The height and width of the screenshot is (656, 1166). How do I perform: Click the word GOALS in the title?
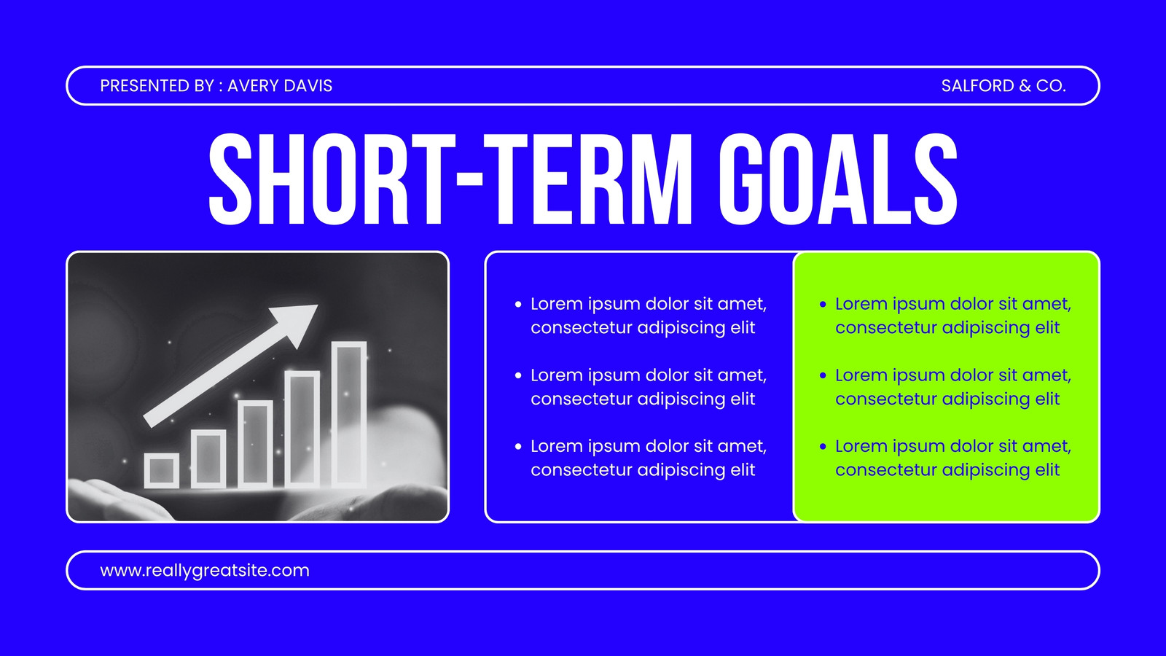click(838, 179)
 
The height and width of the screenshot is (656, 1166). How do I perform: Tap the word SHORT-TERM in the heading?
click(451, 179)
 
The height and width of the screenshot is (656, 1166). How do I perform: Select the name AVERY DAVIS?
click(280, 86)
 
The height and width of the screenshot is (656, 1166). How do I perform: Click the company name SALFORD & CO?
click(1003, 86)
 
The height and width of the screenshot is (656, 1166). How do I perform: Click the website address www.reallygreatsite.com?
click(205, 571)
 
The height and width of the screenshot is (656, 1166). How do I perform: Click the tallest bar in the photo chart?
click(349, 414)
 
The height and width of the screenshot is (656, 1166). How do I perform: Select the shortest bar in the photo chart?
click(161, 470)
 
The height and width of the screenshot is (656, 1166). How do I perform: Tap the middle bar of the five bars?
click(255, 444)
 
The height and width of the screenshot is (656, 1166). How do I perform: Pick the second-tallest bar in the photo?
click(302, 429)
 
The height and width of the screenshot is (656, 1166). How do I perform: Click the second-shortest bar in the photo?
click(208, 458)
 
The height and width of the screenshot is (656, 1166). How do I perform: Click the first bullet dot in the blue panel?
click(518, 304)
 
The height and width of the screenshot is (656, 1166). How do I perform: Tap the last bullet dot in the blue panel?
click(518, 446)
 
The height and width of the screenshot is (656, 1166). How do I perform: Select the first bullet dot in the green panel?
click(823, 304)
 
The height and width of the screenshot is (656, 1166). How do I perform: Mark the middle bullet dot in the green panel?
click(823, 375)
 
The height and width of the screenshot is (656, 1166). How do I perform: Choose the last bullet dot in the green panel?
click(823, 446)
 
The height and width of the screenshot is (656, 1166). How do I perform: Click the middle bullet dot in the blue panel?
click(518, 375)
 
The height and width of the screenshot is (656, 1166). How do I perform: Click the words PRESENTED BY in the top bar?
click(157, 86)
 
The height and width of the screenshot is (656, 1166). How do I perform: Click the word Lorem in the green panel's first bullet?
click(861, 303)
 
